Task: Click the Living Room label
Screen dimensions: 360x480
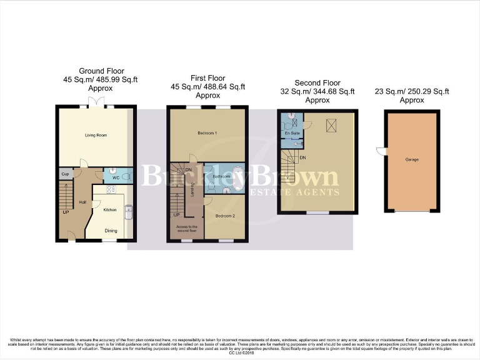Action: tap(96, 135)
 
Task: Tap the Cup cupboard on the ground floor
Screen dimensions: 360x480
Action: tap(65, 174)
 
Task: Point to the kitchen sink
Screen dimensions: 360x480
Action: tap(129, 213)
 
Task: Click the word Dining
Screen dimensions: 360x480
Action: tap(111, 231)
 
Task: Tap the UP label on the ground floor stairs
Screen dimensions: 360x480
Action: tap(64, 212)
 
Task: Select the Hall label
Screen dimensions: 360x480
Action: tap(82, 202)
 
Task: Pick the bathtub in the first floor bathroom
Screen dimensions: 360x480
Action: tap(239, 178)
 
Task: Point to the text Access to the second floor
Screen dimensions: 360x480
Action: tap(187, 229)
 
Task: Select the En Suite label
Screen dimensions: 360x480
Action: tap(291, 134)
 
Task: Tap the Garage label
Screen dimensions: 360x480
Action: tap(412, 159)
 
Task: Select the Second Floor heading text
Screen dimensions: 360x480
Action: tap(317, 83)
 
